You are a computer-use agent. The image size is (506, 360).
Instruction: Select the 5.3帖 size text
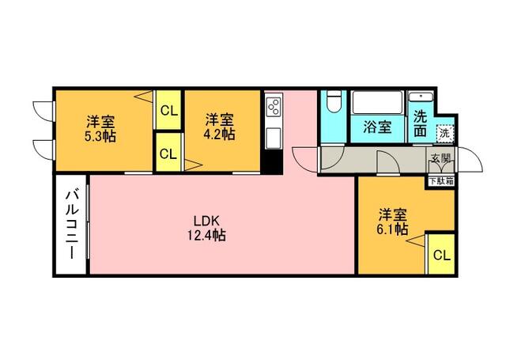pyautogui.click(x=101, y=135)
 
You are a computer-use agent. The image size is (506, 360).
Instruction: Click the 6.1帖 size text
pyautogui.click(x=392, y=229)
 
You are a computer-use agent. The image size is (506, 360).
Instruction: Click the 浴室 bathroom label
pyautogui.click(x=376, y=127)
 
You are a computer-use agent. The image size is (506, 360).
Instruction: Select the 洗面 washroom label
pyautogui.click(x=421, y=123)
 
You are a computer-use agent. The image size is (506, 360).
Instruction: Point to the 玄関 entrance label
pyautogui.click(x=440, y=158)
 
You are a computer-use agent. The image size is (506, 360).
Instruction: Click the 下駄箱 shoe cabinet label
pyautogui.click(x=440, y=180)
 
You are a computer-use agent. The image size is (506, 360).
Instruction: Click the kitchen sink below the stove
pyautogui.click(x=274, y=136)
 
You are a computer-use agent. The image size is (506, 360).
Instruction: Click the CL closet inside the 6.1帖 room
pyautogui.click(x=440, y=255)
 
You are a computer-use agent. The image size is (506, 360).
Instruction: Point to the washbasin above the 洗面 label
pyautogui.click(x=419, y=99)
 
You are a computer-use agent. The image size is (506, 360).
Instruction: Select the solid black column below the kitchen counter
pyautogui.click(x=273, y=163)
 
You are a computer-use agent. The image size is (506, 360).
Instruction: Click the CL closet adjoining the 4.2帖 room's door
pyautogui.click(x=168, y=153)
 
